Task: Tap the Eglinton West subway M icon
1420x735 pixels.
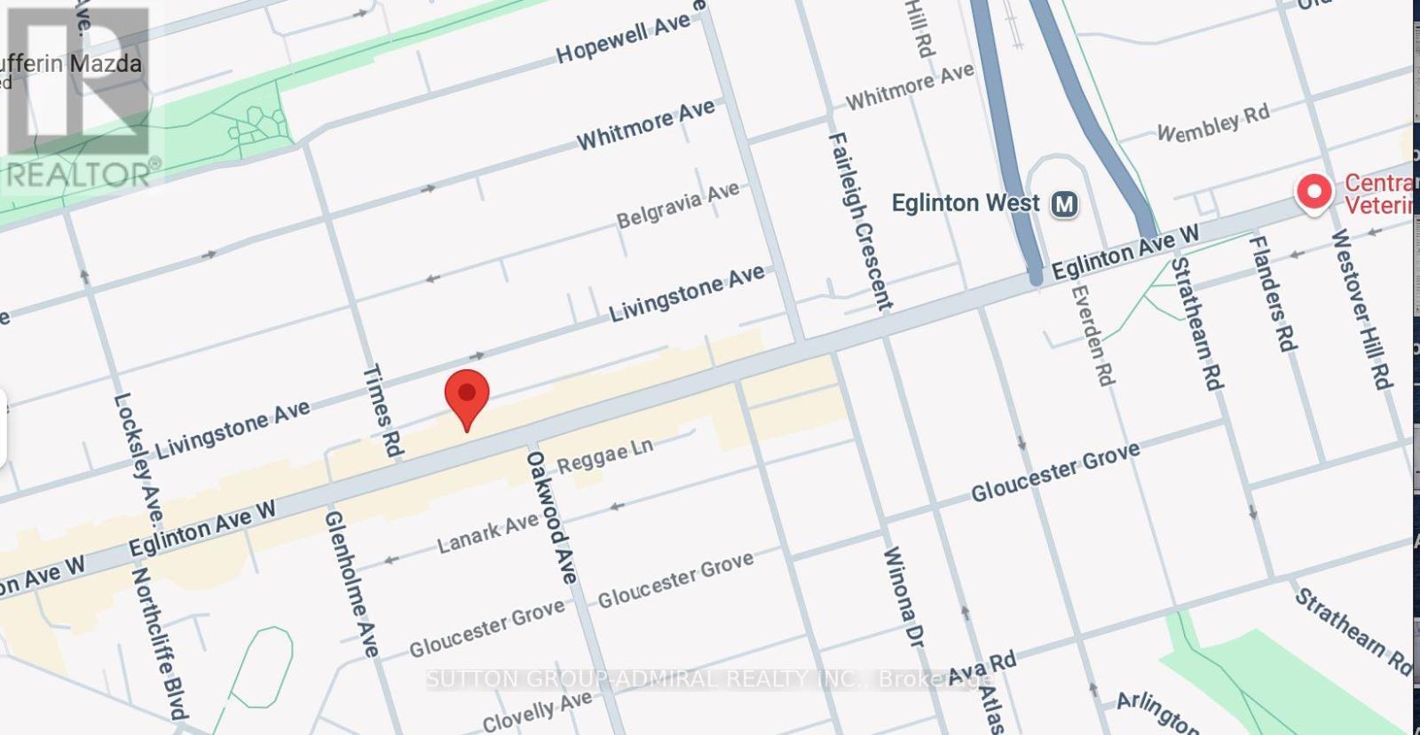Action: (x=1064, y=204)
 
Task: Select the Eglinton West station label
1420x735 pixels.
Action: (x=965, y=203)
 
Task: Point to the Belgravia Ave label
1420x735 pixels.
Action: (x=678, y=205)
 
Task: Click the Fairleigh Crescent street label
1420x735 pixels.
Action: (x=858, y=222)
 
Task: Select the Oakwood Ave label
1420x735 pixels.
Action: (x=551, y=517)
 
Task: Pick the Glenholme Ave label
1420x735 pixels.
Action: (x=351, y=583)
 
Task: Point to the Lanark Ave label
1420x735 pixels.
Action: (x=487, y=533)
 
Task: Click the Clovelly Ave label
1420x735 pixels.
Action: (x=537, y=713)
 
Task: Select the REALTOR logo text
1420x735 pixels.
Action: (x=82, y=173)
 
